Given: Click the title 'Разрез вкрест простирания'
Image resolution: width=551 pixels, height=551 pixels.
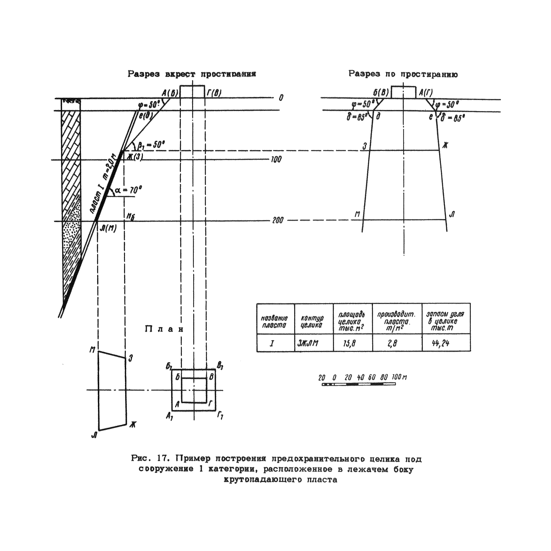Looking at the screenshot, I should (x=192, y=74).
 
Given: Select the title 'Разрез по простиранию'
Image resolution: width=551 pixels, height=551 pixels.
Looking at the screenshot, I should (x=403, y=74).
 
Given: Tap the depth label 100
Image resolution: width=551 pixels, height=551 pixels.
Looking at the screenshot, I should (x=276, y=159).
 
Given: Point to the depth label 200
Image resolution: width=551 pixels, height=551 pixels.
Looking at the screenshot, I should (x=278, y=220).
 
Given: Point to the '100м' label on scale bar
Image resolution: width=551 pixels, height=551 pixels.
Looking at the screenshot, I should (x=399, y=377).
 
